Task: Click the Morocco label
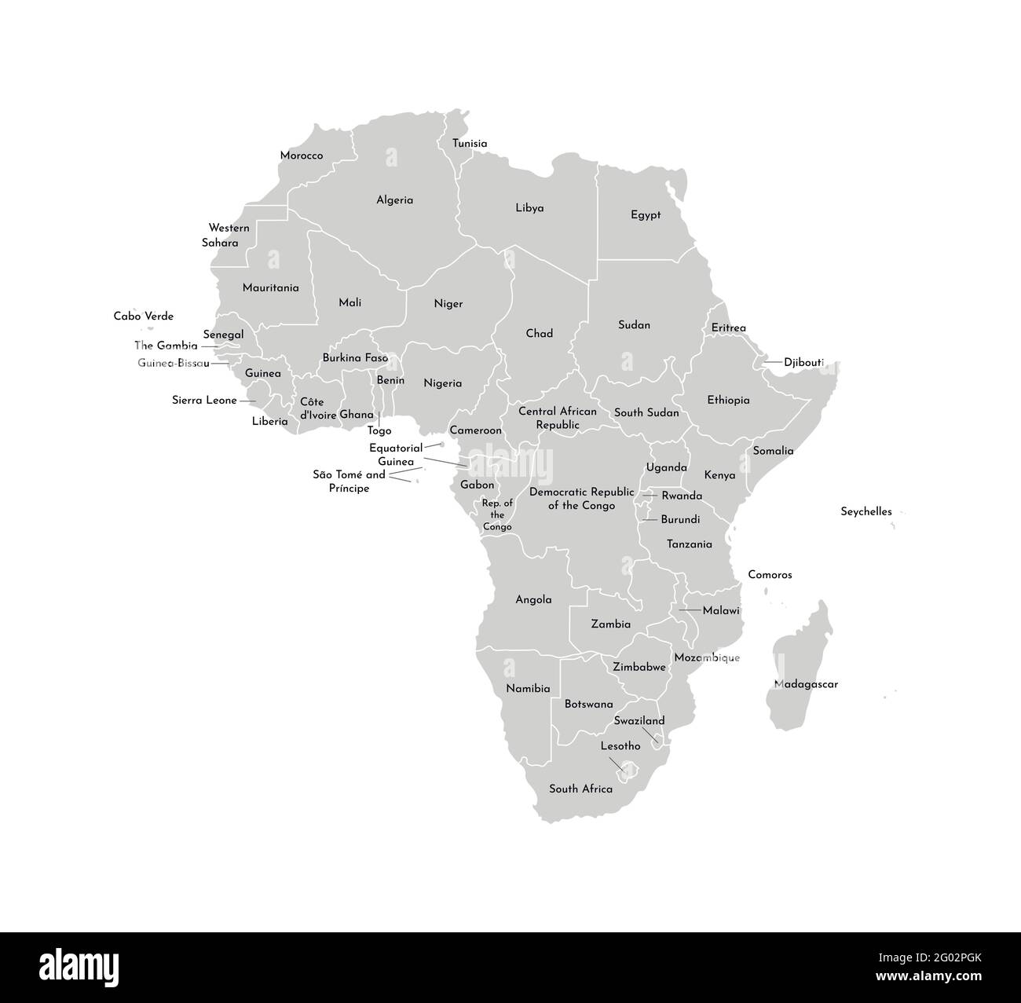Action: point(302,156)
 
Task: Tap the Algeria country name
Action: point(394,200)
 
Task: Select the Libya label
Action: point(529,208)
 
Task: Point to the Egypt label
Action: point(646,215)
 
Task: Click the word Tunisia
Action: point(470,144)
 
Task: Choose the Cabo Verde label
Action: point(144,317)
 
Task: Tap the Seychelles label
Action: point(866,511)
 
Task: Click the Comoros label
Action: point(770,575)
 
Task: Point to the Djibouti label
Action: point(803,363)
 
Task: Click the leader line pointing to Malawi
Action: point(690,610)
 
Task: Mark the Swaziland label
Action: point(639,721)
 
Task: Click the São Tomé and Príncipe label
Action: point(349,481)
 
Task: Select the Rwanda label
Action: point(682,496)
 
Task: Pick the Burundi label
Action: point(680,520)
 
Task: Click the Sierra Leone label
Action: point(204,401)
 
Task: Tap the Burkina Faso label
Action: point(355,358)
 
